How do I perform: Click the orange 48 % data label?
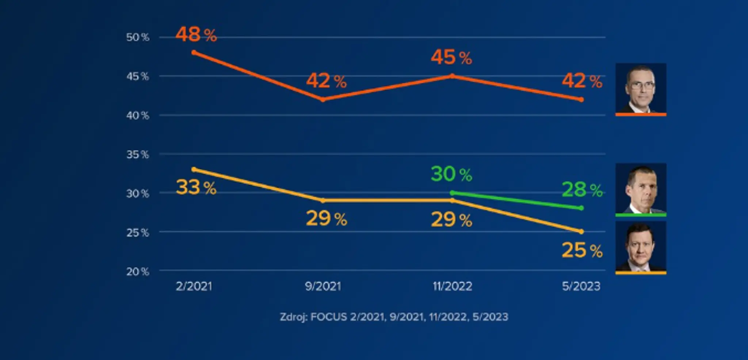[196, 35]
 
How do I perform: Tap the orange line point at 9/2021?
[323, 99]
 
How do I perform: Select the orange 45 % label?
[451, 57]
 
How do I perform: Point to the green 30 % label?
[451, 174]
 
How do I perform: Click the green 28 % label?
[582, 189]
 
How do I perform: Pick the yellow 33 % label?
[196, 187]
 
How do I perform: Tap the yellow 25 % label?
[582, 250]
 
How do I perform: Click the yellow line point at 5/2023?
[581, 231]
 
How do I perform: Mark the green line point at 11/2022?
[452, 193]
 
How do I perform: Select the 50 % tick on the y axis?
[138, 37]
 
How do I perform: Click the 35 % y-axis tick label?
[138, 154]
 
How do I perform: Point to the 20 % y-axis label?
[138, 272]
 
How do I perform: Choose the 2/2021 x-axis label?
[194, 286]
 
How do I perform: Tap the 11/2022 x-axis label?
[452, 286]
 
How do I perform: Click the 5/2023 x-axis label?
[581, 286]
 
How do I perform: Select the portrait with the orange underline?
[641, 89]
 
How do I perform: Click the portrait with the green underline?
[641, 189]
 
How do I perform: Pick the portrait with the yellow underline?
[641, 248]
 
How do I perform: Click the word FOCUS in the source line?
[329, 317]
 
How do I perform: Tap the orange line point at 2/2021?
[194, 53]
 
